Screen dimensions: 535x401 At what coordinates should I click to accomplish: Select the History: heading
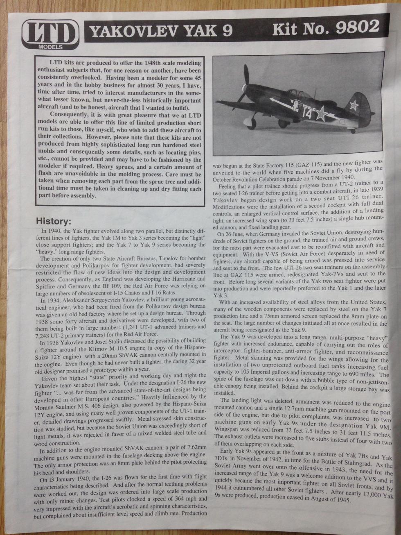click(54, 221)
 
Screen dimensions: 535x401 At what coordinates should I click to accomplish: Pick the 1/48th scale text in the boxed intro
click(155, 63)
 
